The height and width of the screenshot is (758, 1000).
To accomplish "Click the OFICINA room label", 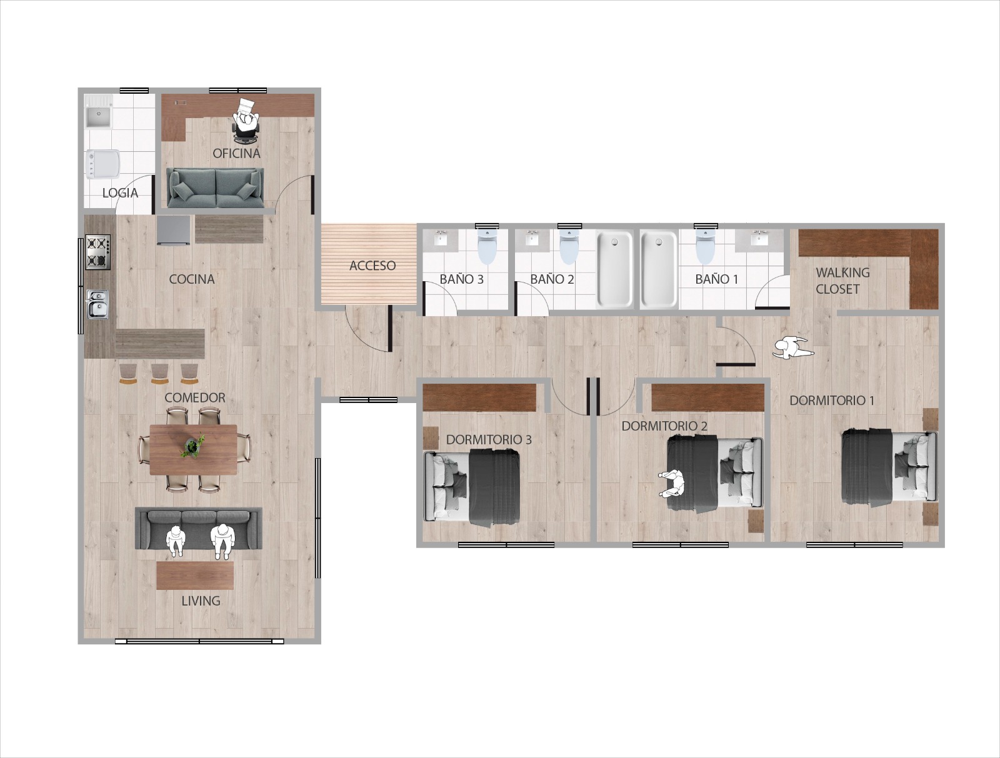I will click(236, 153).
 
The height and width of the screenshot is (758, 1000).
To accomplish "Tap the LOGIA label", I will click(120, 192).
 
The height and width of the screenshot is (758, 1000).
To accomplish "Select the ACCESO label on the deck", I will click(372, 266).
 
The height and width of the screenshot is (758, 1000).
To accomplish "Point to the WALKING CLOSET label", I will click(841, 281).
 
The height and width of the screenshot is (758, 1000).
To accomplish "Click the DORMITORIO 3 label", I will click(489, 439).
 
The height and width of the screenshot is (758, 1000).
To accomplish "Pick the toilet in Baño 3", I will click(487, 247).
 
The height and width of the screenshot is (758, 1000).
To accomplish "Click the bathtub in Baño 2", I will click(615, 269).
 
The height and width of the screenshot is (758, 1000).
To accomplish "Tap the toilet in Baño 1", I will click(705, 247).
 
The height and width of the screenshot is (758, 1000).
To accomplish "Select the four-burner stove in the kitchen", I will click(97, 252).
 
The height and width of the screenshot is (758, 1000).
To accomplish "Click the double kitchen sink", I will click(97, 304).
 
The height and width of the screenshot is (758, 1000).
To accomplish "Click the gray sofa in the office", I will click(216, 187).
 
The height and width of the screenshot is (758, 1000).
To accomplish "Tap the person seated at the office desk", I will click(246, 119).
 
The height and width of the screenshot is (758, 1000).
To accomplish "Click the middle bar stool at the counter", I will click(159, 373).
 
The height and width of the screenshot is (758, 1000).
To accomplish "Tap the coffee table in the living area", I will click(195, 575).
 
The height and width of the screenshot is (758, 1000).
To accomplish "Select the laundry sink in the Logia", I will click(98, 116).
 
